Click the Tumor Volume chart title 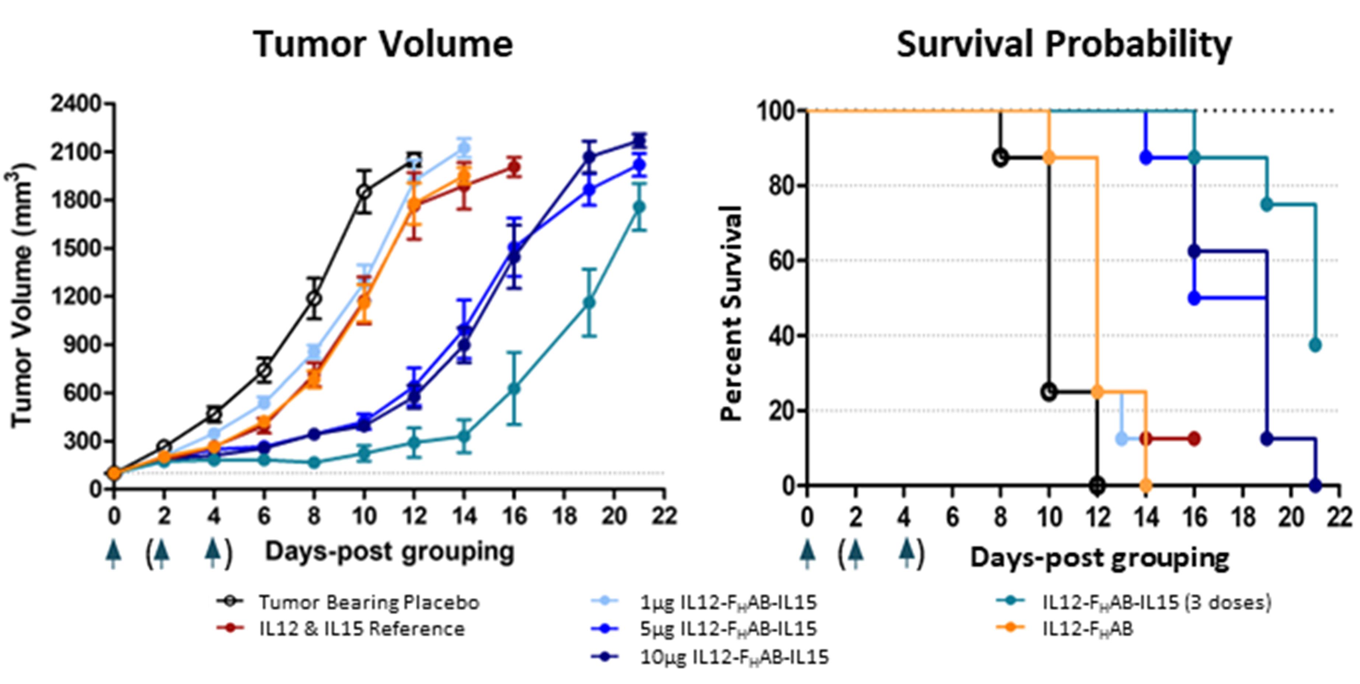(x=383, y=44)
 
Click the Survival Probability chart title (x=1064, y=44)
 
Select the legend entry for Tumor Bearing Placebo (x=369, y=602)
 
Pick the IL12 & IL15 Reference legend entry (x=362, y=629)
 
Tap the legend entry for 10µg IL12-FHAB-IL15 (x=734, y=657)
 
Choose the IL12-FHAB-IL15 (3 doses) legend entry (x=1156, y=602)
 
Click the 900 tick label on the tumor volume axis (x=82, y=345)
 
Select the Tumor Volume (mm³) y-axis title (x=22, y=296)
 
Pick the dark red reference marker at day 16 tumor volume (x=514, y=168)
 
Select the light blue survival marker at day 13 (x=1122, y=439)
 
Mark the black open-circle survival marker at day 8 (x=1000, y=158)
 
